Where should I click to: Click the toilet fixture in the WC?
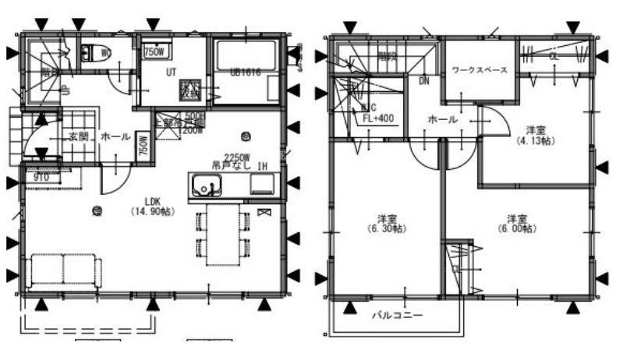point(95,53)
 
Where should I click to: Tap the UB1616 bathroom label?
point(244,72)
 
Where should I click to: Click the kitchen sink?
point(207,186)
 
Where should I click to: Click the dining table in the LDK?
point(223,235)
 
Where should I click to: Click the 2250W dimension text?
point(235,156)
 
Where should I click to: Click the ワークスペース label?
point(480,70)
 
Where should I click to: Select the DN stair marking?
point(424,80)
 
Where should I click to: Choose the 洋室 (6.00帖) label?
point(516,224)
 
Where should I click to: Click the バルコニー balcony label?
point(396,316)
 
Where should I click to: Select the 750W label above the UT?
point(154,52)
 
